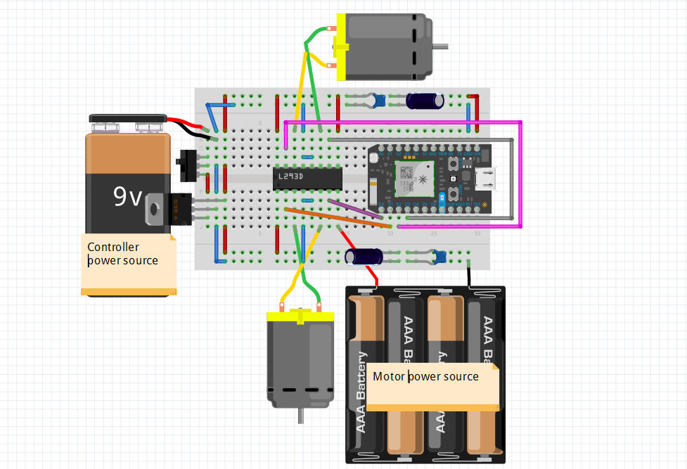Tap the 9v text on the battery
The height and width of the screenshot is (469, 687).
128,198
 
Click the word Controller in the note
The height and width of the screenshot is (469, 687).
113,247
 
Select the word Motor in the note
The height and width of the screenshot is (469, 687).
389,376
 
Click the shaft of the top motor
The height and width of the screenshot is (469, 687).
440,47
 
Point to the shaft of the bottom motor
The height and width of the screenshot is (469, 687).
302,415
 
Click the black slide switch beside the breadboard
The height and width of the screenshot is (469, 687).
186,164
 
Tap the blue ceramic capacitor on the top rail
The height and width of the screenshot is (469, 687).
379,101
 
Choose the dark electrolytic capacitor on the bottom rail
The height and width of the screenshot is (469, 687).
364,256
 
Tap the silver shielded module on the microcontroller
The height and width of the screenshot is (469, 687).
408,178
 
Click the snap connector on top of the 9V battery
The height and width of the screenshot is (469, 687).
127,123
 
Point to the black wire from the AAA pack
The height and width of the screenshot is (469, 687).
468,276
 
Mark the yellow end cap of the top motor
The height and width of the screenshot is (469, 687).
342,47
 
